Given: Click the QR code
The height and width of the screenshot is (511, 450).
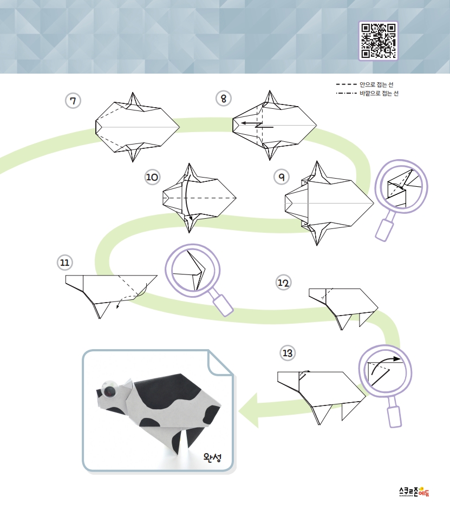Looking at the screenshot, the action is pos(379,41).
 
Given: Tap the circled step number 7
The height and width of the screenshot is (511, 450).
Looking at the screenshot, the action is pos(73,101).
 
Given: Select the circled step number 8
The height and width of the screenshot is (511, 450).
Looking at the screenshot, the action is pos(224,99).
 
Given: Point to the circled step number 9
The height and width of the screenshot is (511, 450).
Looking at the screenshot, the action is pos(282,177).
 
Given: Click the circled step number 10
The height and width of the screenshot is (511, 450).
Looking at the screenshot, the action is pos(152,177).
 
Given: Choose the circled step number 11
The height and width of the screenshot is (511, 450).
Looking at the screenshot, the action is pos(65,263).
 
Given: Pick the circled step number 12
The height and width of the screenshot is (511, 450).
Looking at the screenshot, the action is pos(283,282).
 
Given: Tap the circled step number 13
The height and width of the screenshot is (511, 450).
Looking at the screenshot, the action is pos(288,353).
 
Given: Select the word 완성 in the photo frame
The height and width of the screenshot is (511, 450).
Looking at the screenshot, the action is pos(212,457).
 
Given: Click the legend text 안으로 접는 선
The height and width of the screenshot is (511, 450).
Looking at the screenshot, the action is pos(377,85).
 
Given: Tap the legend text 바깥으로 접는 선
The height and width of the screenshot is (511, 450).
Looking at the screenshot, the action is pos(379,94).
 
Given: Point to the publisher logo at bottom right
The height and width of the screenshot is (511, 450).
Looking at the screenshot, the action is pos(414,492).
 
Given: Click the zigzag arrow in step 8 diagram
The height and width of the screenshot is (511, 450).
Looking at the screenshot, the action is pos(257,125).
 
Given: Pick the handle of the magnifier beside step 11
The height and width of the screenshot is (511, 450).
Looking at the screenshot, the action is pos(223,305).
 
